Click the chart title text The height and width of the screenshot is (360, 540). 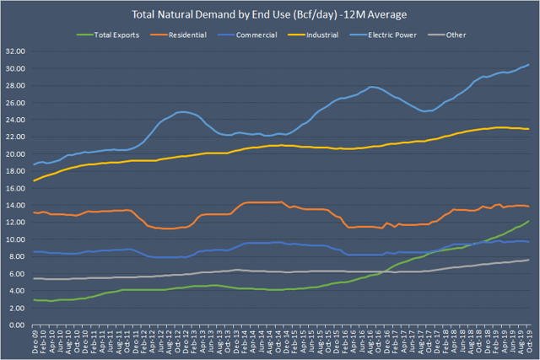269,15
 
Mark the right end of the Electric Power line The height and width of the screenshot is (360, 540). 529,64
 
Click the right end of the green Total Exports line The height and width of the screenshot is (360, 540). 529,221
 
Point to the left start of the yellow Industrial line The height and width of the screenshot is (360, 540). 33,180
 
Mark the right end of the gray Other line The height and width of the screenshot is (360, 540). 529,260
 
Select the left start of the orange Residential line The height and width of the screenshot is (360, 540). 33,212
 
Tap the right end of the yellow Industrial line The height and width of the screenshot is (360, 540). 529,129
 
